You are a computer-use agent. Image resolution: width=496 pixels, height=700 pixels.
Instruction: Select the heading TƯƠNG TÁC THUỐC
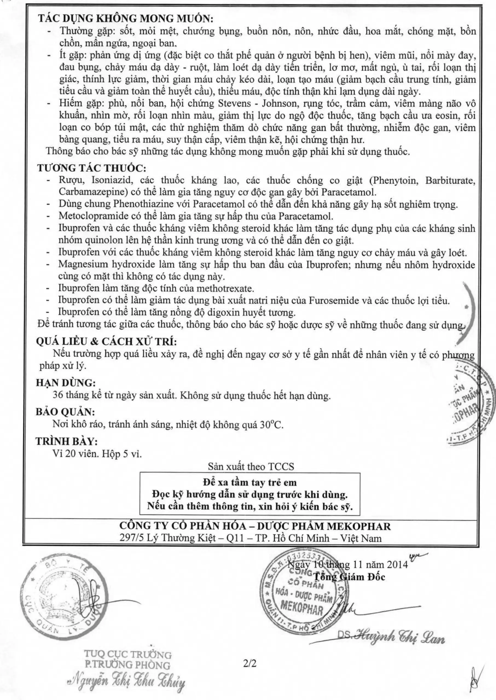92,168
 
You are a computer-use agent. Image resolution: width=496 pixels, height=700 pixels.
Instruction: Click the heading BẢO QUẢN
65,412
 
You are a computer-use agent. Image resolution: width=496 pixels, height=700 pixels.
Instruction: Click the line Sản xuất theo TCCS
251,466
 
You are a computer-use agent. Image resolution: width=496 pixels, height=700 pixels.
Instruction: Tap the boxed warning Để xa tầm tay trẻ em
250,483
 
